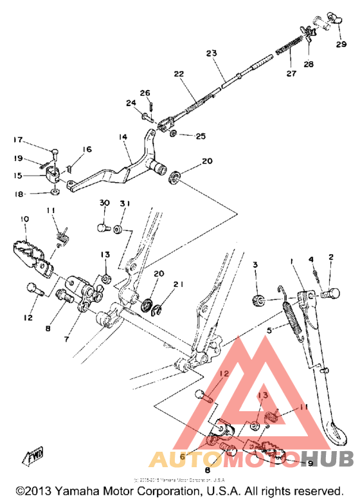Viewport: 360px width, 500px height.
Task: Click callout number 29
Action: tap(340, 44)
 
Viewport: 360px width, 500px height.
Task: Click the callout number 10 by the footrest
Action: tap(24, 220)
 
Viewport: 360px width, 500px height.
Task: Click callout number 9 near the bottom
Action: tap(309, 463)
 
